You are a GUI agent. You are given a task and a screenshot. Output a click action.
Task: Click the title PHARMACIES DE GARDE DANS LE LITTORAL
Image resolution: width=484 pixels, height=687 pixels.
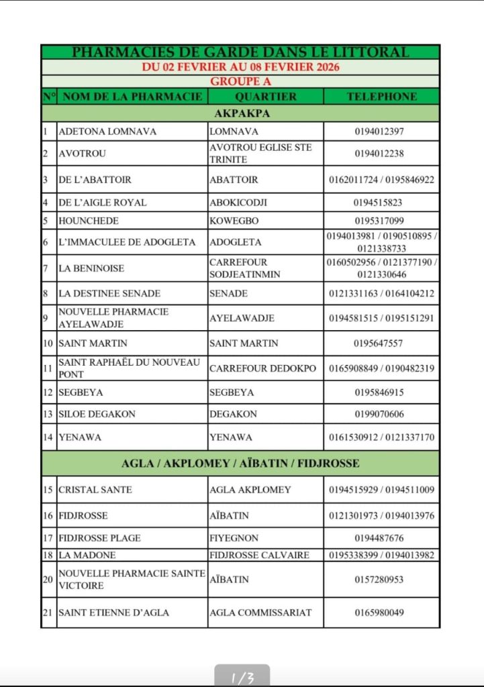pyautogui.click(x=240, y=52)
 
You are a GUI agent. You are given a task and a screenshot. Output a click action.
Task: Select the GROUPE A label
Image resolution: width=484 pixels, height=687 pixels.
pyautogui.click(x=240, y=81)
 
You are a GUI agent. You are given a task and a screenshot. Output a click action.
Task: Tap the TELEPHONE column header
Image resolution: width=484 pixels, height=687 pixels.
pyautogui.click(x=381, y=97)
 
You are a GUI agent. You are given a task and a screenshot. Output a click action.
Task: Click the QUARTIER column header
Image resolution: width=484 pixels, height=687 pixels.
pyautogui.click(x=266, y=97)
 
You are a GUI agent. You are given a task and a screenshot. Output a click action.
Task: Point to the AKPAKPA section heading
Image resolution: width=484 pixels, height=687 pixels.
pyautogui.click(x=240, y=113)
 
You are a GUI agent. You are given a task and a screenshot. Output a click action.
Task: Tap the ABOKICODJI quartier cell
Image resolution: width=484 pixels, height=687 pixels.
pyautogui.click(x=234, y=203)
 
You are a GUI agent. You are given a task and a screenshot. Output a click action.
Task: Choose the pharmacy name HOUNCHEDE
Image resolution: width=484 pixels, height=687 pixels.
pyautogui.click(x=89, y=221)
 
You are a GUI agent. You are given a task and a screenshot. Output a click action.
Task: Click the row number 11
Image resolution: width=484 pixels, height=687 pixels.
pyautogui.click(x=48, y=368)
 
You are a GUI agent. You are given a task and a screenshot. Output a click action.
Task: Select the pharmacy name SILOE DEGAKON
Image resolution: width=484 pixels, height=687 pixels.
pyautogui.click(x=97, y=414)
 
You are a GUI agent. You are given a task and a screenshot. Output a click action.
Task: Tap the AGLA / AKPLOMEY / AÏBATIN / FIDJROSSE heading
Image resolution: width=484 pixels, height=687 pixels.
pyautogui.click(x=240, y=463)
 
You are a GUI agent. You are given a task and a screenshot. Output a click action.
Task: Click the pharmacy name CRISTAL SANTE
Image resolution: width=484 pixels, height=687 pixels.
pyautogui.click(x=95, y=490)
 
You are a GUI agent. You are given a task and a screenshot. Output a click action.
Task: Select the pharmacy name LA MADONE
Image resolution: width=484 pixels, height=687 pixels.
pyautogui.click(x=87, y=555)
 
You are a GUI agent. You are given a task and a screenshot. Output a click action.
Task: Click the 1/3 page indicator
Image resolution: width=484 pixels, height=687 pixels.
pyautogui.click(x=242, y=678)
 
